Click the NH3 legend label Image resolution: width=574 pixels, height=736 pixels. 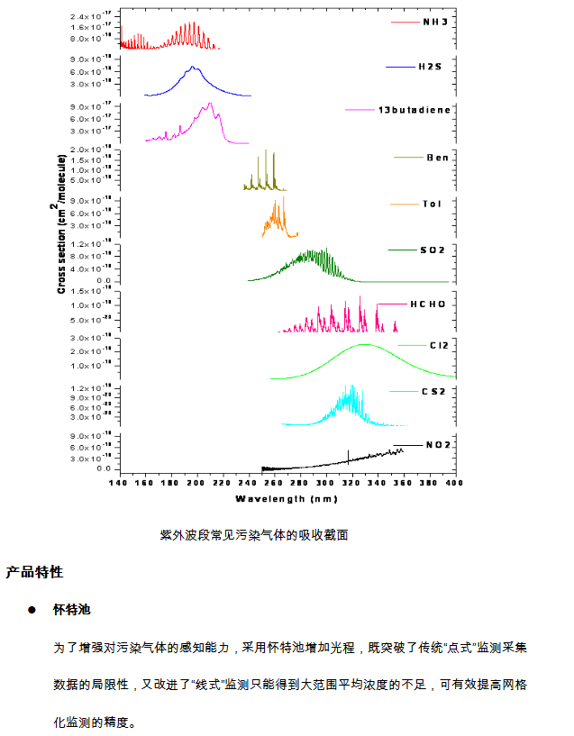click(434, 21)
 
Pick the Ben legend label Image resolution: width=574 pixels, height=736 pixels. click(438, 158)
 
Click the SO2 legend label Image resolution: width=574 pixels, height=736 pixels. click(433, 249)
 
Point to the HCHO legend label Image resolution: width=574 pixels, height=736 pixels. click(428, 304)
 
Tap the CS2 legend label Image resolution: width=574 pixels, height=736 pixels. click(433, 391)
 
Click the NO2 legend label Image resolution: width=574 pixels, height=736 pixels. click(438, 445)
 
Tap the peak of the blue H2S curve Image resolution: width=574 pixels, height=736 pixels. click(192, 68)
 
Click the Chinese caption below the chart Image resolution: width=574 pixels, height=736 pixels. click(254, 535)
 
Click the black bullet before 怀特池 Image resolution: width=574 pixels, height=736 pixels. click(32, 610)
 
